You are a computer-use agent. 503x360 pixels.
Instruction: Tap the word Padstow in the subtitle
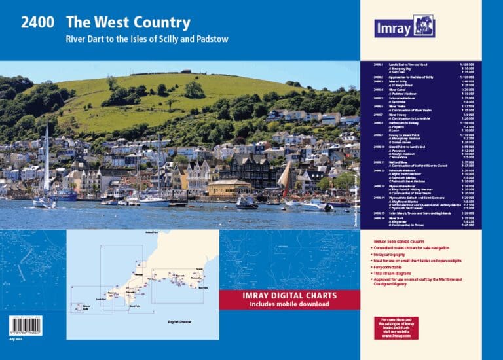[x=210, y=39]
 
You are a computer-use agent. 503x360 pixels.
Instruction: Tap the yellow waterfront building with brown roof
[x=231, y=188]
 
